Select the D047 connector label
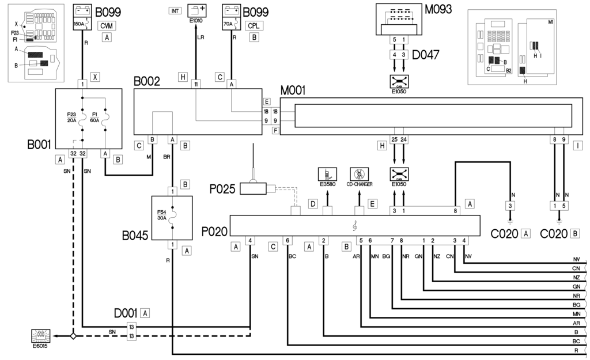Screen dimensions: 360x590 coord(426,55)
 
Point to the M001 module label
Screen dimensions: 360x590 coord(293,90)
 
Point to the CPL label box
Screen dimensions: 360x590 coord(253,26)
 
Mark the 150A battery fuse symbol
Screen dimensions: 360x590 coord(80,18)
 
